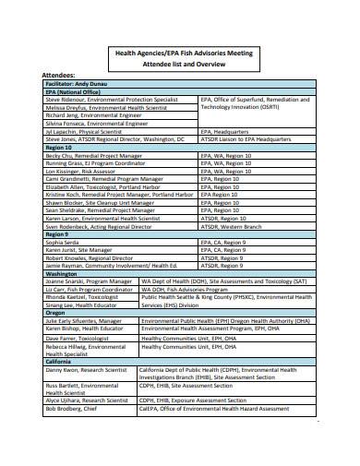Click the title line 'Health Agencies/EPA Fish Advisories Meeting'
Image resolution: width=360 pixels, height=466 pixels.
pos(181,53)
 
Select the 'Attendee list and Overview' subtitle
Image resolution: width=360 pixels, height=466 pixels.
pos(181,65)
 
